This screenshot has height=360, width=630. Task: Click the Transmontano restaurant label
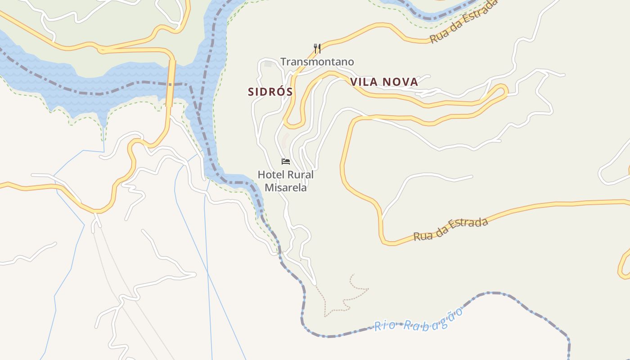pos(317,62)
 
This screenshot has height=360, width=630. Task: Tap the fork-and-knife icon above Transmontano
pos(317,48)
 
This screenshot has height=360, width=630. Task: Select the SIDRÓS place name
pos(270,92)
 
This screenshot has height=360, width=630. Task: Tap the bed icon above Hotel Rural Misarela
pos(285,162)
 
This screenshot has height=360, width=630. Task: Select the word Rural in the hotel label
pos(299,175)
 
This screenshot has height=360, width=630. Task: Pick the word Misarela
pos(285,187)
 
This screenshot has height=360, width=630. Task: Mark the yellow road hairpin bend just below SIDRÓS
pos(290,124)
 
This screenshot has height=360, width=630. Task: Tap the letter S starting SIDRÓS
pos(251,92)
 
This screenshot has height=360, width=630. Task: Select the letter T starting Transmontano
pos(283,62)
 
